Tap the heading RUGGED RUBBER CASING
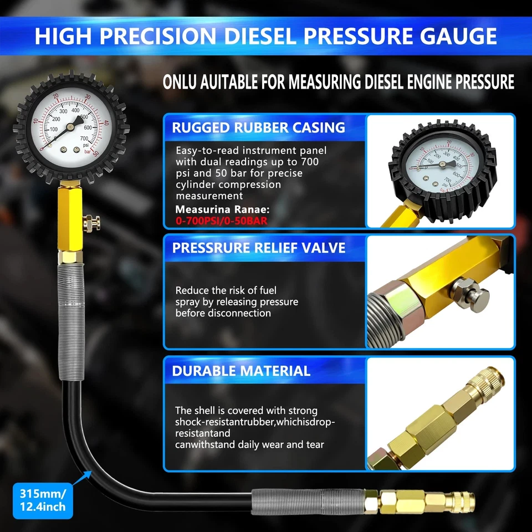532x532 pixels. (258, 127)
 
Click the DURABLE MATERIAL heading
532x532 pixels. (241, 371)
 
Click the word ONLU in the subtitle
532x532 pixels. (182, 81)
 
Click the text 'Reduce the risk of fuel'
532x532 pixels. (226, 290)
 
